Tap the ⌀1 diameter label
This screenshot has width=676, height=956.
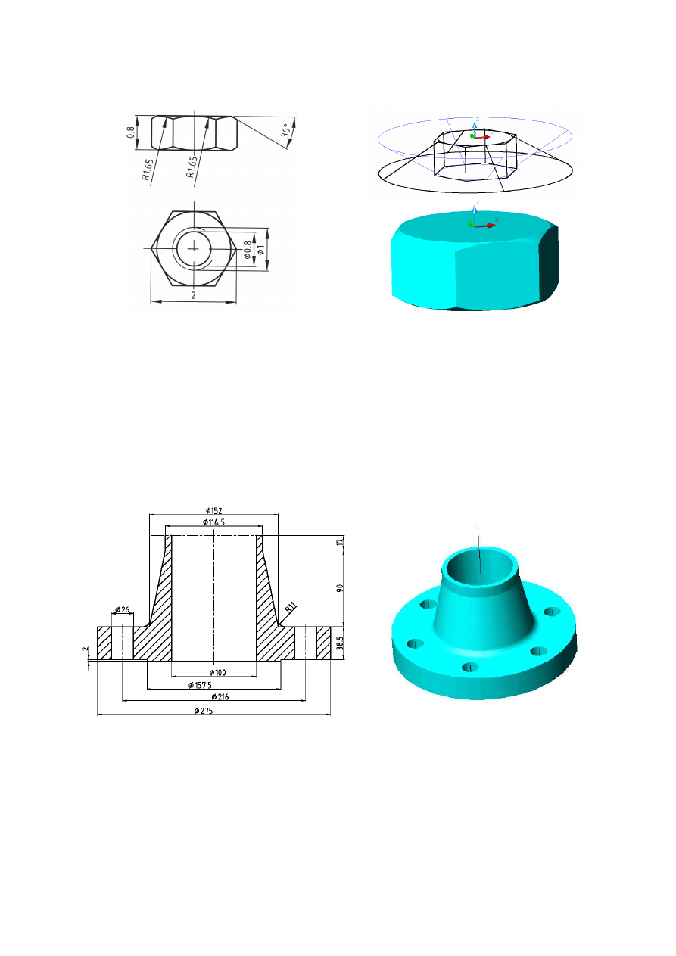[262, 251]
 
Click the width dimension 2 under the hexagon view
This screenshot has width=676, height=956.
[194, 296]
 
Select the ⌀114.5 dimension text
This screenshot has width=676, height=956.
[215, 522]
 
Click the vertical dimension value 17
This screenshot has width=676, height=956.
[341, 542]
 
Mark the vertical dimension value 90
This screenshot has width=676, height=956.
[341, 588]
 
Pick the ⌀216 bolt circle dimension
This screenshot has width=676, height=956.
[221, 696]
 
